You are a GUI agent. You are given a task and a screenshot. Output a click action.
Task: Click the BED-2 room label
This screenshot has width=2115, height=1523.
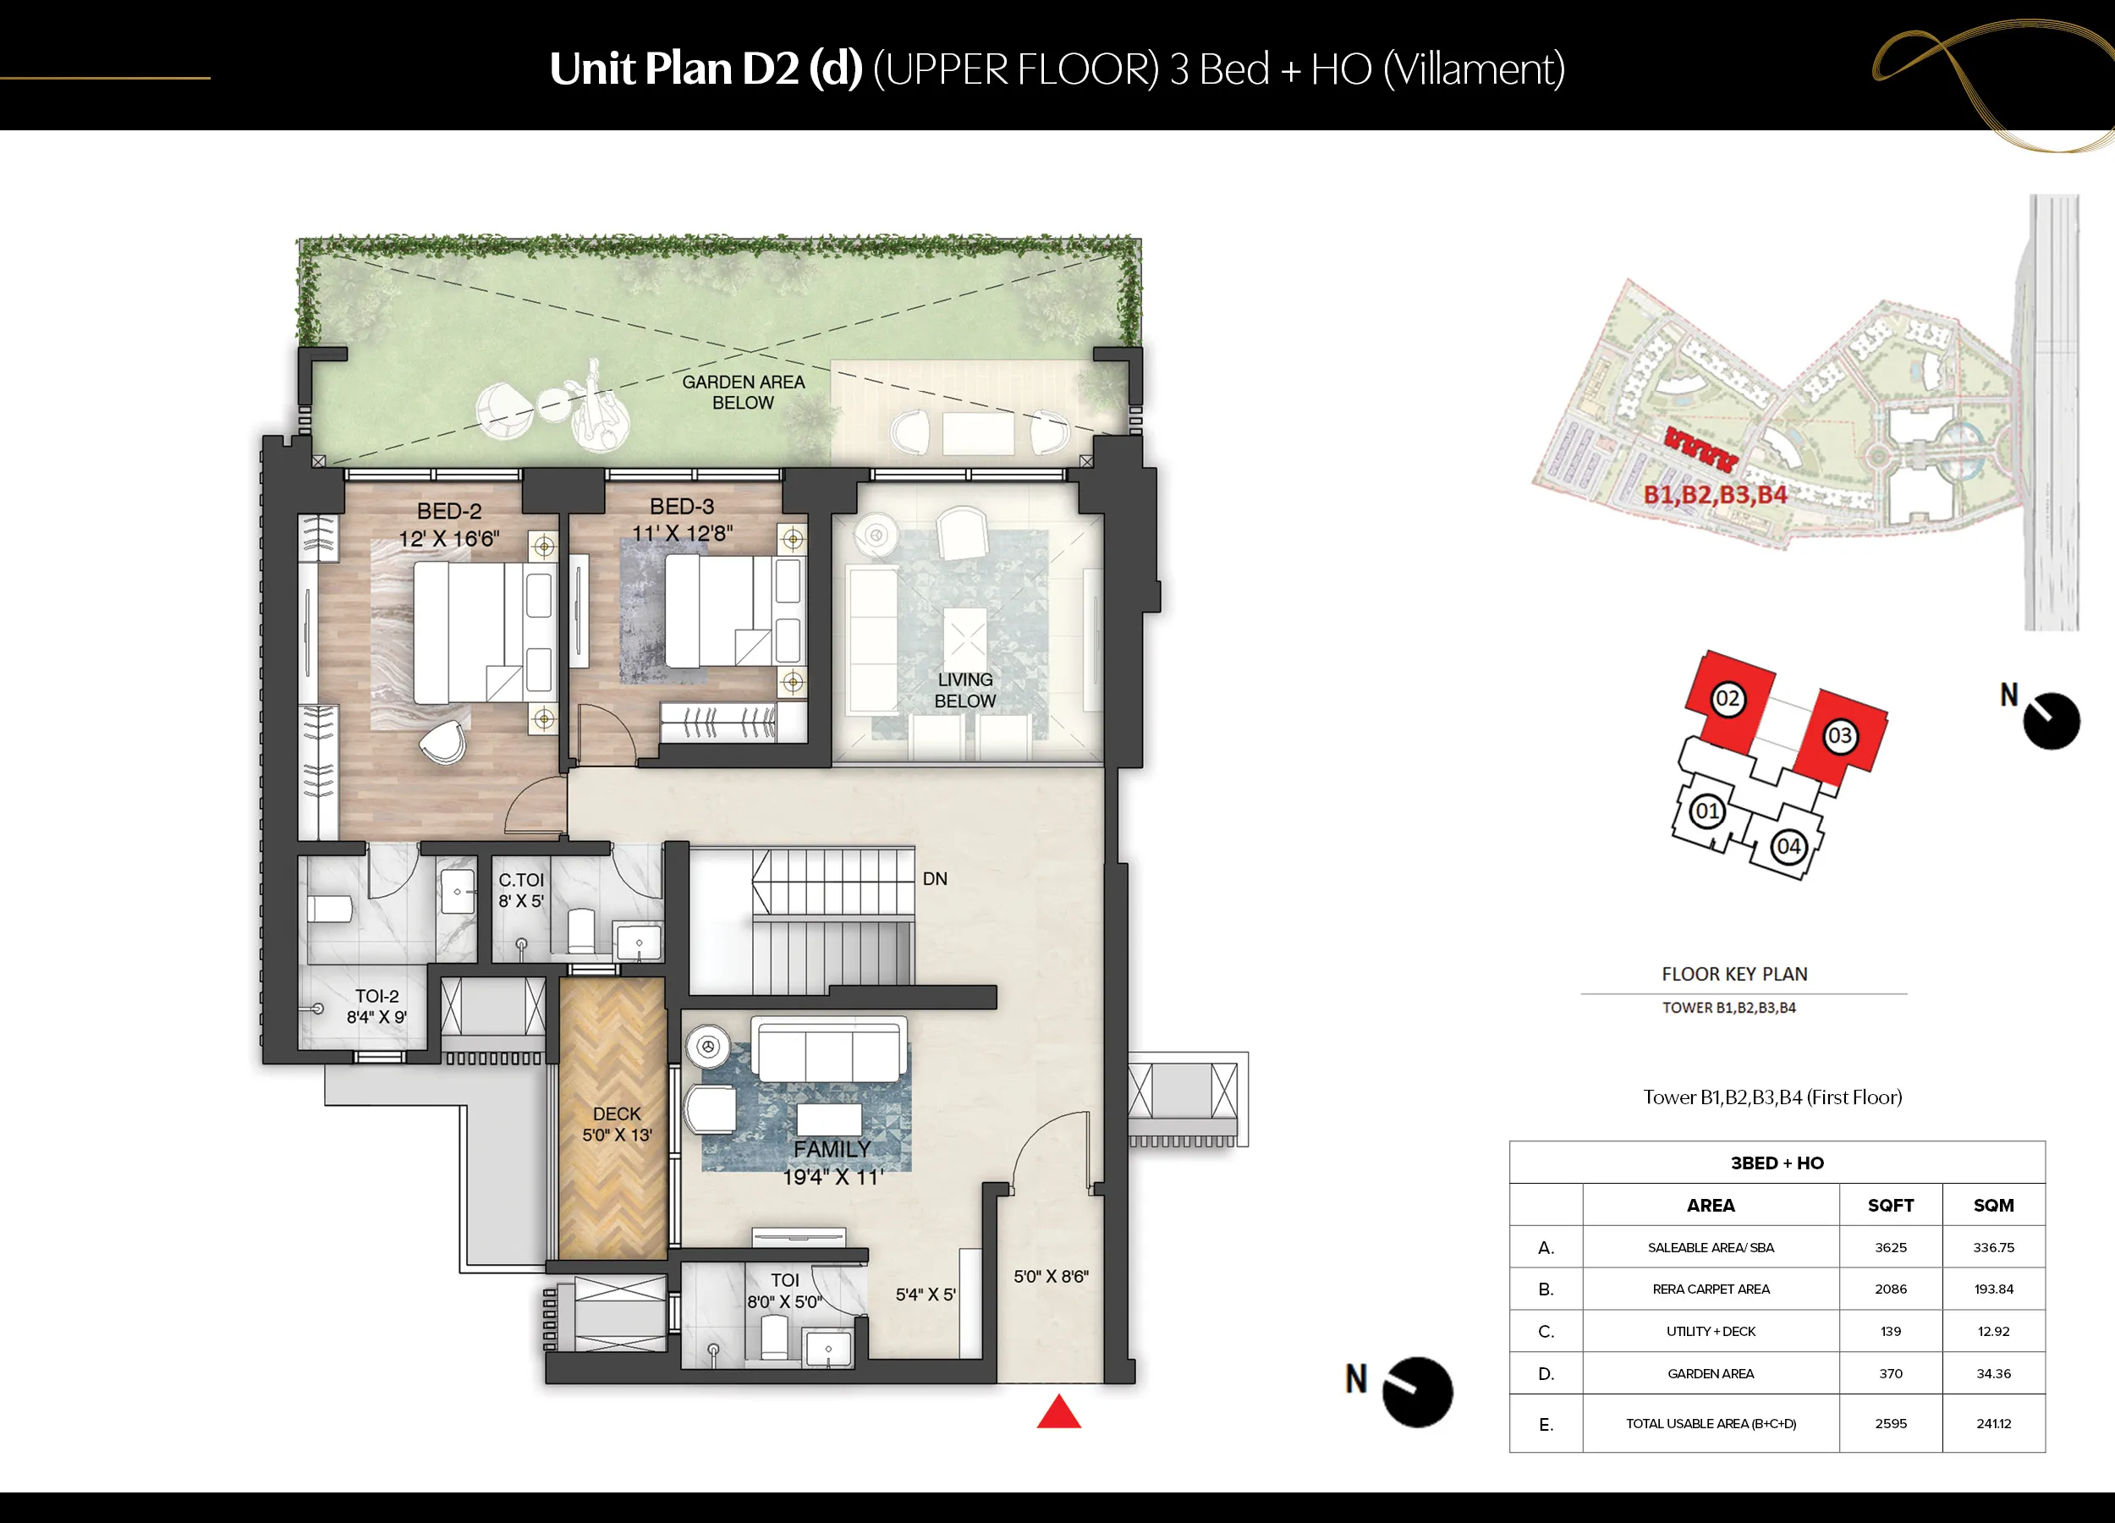[x=449, y=511]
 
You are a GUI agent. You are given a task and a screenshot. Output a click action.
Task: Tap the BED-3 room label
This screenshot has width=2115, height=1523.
[x=682, y=507]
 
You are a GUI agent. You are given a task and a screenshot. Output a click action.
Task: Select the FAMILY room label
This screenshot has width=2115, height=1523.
[x=832, y=1149]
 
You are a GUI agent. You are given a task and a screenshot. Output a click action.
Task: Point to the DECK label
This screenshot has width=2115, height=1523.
[x=617, y=1113]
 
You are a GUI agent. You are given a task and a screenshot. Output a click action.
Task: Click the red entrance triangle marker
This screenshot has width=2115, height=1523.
[x=1058, y=1413]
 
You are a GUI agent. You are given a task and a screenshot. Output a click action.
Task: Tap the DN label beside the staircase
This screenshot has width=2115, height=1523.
[x=934, y=878]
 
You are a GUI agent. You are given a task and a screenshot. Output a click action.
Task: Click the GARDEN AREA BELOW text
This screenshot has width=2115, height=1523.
[x=744, y=393]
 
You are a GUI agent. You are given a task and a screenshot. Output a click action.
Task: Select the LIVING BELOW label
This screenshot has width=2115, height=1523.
[x=965, y=690]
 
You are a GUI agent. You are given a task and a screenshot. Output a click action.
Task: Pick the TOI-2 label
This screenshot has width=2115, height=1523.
[x=376, y=996]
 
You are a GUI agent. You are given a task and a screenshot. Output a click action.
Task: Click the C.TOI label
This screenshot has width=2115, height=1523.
[x=520, y=879]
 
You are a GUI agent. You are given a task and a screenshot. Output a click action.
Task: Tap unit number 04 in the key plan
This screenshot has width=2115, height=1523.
[x=1788, y=847]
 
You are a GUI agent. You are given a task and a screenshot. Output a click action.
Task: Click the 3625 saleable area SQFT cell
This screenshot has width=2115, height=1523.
[x=1890, y=1247]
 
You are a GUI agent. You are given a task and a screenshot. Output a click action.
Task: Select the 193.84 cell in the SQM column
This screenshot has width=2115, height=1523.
[x=1993, y=1289]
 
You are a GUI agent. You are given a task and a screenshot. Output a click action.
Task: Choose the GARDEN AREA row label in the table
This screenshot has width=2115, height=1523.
[x=1711, y=1374]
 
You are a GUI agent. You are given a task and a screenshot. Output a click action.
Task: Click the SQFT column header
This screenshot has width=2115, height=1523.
[x=1890, y=1205]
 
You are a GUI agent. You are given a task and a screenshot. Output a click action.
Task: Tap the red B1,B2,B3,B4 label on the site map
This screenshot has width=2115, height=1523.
[x=1715, y=494]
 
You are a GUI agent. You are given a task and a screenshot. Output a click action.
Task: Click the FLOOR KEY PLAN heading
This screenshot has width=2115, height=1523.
[x=1734, y=974]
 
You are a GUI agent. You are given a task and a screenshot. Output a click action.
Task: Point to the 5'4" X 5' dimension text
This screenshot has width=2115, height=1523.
[x=925, y=1295]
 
